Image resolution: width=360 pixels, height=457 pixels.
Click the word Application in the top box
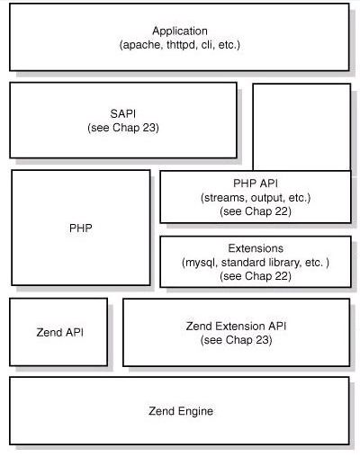[180, 31]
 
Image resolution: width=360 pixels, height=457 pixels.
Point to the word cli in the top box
[207, 45]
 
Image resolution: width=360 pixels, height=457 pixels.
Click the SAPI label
[123, 113]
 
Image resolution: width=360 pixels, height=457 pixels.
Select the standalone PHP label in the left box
[81, 228]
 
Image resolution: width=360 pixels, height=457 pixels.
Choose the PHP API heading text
[256, 184]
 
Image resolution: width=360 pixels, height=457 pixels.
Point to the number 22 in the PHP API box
[282, 211]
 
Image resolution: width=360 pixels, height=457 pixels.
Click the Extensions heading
[256, 248]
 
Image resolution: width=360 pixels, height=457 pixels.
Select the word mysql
[201, 263]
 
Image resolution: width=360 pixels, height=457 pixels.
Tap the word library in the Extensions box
[280, 263]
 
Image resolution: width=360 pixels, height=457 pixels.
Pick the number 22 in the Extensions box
[282, 276]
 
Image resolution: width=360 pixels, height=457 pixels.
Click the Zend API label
[59, 333]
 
